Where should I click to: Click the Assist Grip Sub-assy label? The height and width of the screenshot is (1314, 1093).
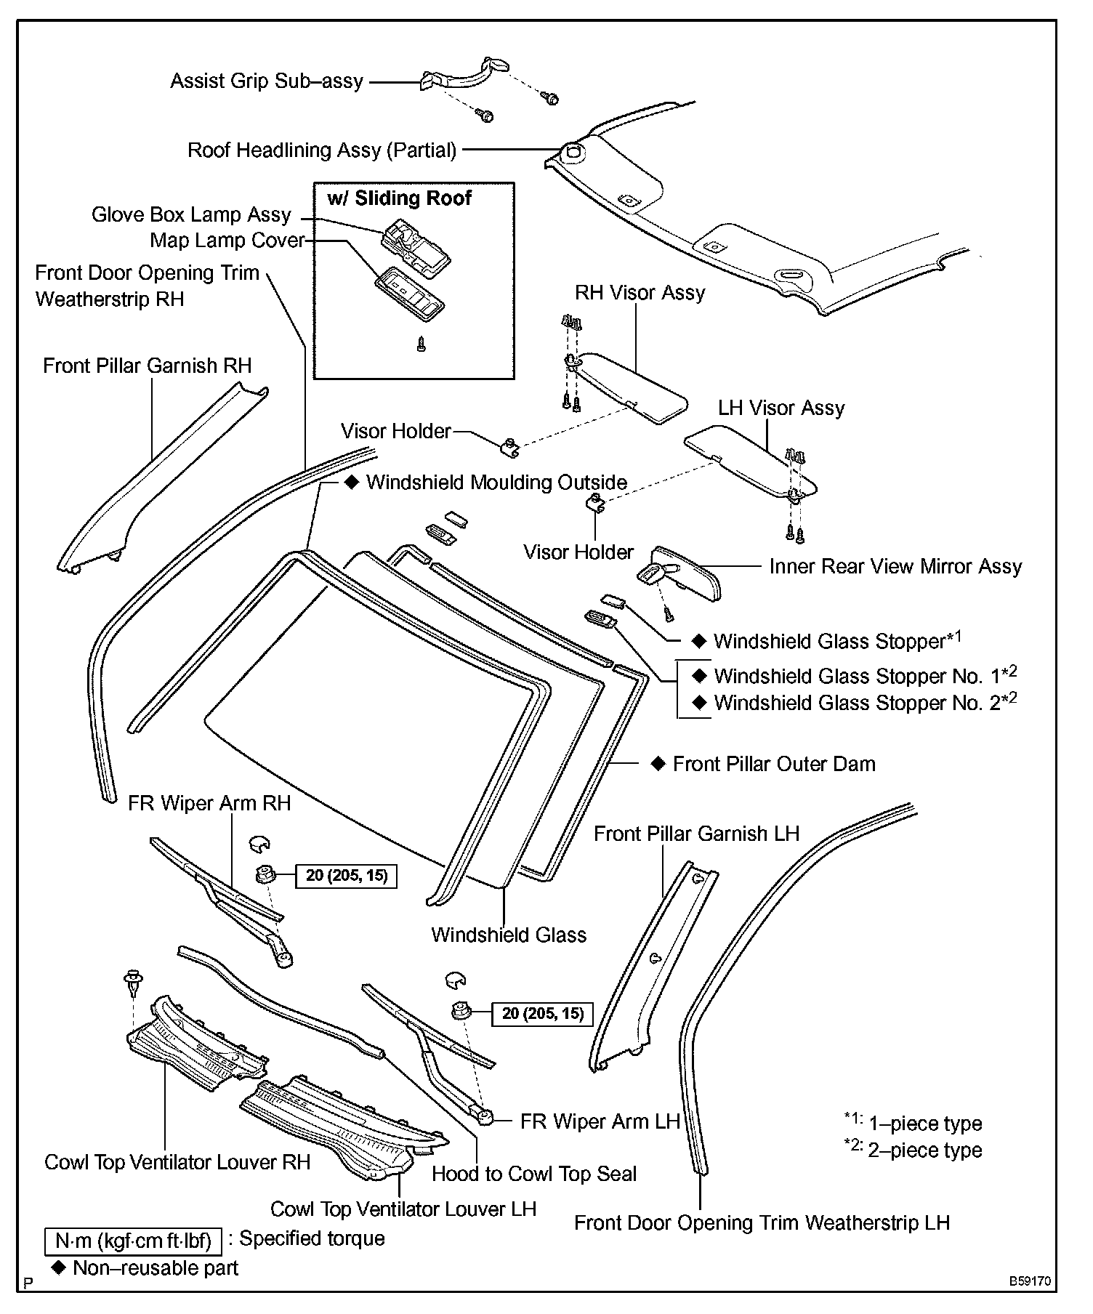(267, 81)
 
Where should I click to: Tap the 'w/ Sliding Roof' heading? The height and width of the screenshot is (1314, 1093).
(399, 198)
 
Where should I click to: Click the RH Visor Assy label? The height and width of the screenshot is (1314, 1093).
(640, 293)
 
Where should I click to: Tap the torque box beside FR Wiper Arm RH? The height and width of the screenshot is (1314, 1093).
(347, 876)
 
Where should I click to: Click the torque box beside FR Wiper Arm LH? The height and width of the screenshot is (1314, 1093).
(543, 1013)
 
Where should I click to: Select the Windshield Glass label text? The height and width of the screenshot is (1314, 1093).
(509, 935)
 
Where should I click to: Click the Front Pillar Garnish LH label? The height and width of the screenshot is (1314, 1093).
(696, 834)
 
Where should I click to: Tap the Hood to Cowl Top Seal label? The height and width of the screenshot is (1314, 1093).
(533, 1174)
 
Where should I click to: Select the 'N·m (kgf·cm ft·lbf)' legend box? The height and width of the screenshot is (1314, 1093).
(133, 1241)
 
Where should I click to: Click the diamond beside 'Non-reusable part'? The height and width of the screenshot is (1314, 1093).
(58, 1267)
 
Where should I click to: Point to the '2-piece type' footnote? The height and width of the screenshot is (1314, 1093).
(924, 1150)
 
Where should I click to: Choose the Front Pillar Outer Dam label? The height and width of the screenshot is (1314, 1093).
(774, 764)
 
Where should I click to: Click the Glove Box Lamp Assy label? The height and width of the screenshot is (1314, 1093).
(191, 215)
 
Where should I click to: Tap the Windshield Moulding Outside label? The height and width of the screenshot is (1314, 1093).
(496, 483)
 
